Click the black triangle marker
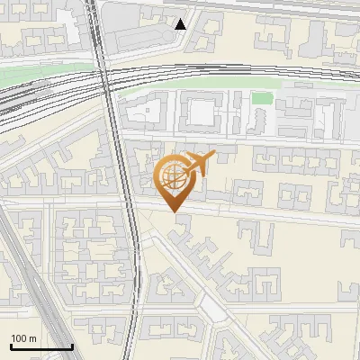[x=181, y=23]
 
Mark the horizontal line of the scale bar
[x=41, y=346]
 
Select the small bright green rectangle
[x=261, y=98]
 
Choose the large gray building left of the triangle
[x=135, y=27]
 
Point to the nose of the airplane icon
[x=214, y=156]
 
